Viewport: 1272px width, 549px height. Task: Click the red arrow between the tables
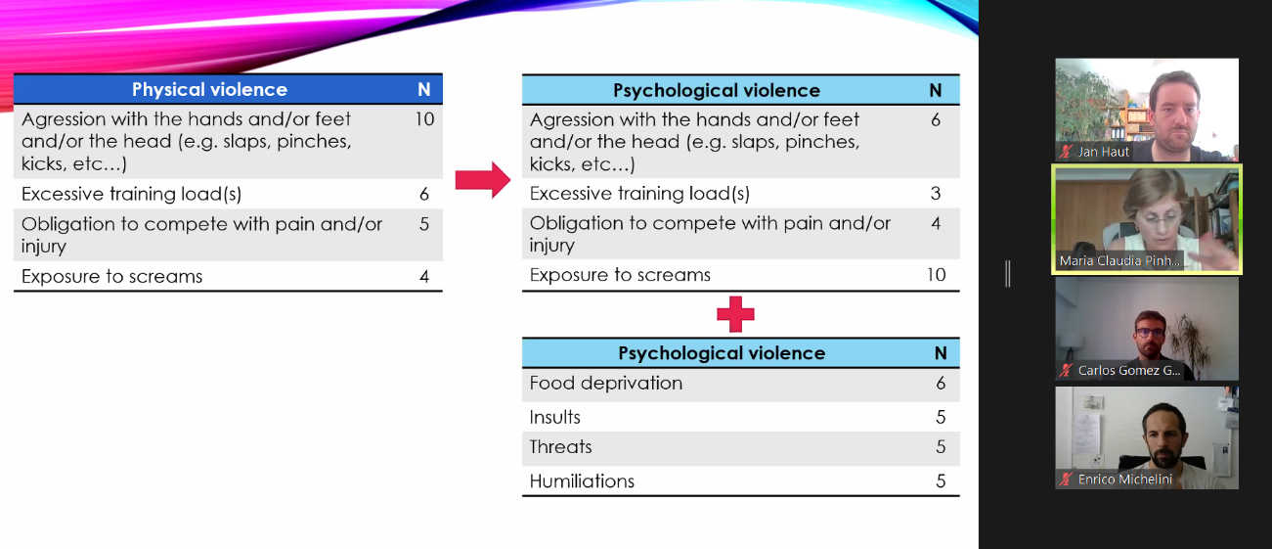tap(483, 181)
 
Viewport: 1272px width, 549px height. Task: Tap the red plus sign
tap(735, 314)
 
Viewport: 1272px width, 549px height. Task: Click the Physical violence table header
tap(209, 90)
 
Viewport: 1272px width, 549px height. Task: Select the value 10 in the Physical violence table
tap(424, 119)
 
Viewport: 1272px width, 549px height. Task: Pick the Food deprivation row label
tap(606, 383)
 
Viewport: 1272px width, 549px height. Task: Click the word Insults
tap(555, 417)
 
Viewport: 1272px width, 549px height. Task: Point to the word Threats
tap(561, 447)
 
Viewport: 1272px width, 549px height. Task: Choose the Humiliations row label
tap(582, 480)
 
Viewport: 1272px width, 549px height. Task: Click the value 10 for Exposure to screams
tap(936, 275)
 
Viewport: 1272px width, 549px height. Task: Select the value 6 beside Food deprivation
tap(941, 384)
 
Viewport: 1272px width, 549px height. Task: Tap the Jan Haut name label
tap(1103, 152)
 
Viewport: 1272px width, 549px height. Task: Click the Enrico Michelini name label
tap(1124, 480)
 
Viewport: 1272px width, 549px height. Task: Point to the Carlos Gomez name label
tap(1128, 371)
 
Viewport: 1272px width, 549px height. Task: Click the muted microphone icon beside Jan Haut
tap(1067, 152)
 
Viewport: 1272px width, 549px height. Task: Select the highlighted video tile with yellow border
tap(1146, 218)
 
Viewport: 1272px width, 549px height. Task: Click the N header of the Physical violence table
tap(424, 90)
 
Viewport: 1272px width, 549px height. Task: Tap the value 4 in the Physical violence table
tap(424, 277)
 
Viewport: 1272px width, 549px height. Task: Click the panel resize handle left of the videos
tap(1008, 274)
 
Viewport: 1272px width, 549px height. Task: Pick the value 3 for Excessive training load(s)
tap(936, 194)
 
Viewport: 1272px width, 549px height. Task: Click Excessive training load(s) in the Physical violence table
tap(132, 194)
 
